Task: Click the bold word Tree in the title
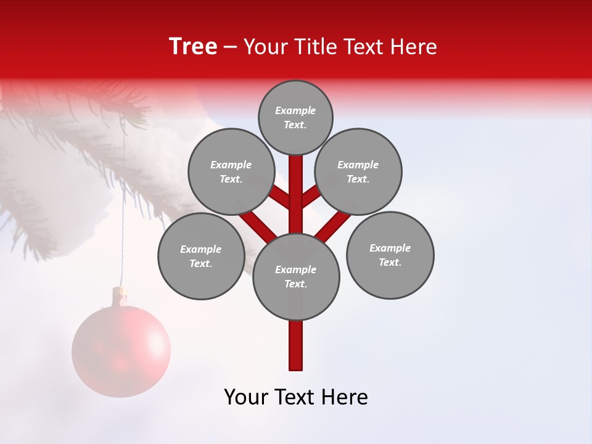(x=193, y=47)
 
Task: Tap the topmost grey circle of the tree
(x=295, y=117)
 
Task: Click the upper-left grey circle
(x=231, y=171)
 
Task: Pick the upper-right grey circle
(x=358, y=171)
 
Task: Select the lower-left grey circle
(x=201, y=256)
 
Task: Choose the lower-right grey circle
(x=390, y=255)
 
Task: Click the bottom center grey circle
(x=296, y=277)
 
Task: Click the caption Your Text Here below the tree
(x=296, y=397)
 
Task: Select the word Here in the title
(x=414, y=47)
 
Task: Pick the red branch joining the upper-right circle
(x=310, y=197)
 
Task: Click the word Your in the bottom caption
(x=245, y=397)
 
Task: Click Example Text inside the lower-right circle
(x=390, y=255)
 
